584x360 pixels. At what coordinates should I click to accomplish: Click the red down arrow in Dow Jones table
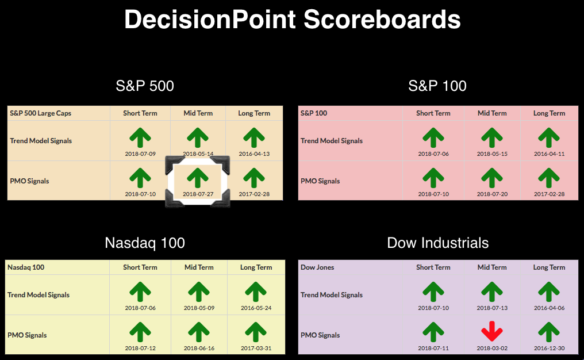pyautogui.click(x=492, y=331)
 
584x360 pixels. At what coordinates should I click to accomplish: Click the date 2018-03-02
pyautogui.click(x=492, y=348)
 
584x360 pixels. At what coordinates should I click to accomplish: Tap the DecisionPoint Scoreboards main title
pyautogui.click(x=293, y=20)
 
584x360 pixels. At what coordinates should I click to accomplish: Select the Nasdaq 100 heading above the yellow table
pyautogui.click(x=145, y=243)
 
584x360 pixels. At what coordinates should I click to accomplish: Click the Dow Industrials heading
pyautogui.click(x=437, y=243)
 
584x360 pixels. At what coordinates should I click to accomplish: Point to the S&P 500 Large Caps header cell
pyautogui.click(x=41, y=113)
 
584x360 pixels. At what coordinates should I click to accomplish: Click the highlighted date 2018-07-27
pyautogui.click(x=198, y=194)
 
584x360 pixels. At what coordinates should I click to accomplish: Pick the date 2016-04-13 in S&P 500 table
pyautogui.click(x=254, y=154)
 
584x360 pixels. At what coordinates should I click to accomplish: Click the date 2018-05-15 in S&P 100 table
pyautogui.click(x=492, y=154)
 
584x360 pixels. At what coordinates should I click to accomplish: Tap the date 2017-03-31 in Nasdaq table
pyautogui.click(x=256, y=348)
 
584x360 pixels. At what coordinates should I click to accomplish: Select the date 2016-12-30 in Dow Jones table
pyautogui.click(x=549, y=348)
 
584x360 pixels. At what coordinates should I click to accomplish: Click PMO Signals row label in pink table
pyautogui.click(x=320, y=181)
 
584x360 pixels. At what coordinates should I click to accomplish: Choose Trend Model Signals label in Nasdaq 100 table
pyautogui.click(x=39, y=295)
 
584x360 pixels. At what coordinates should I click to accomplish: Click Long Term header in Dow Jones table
pyautogui.click(x=549, y=267)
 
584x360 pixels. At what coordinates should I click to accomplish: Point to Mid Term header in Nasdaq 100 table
pyautogui.click(x=199, y=267)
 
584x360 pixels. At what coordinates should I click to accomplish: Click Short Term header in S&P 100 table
pyautogui.click(x=433, y=113)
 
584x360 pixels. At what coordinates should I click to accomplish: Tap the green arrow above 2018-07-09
pyautogui.click(x=140, y=137)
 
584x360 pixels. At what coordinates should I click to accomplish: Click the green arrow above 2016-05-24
pyautogui.click(x=256, y=292)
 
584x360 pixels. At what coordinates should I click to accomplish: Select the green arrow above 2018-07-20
pyautogui.click(x=492, y=178)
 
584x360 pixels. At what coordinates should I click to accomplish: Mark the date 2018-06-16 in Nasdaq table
pyautogui.click(x=199, y=348)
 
